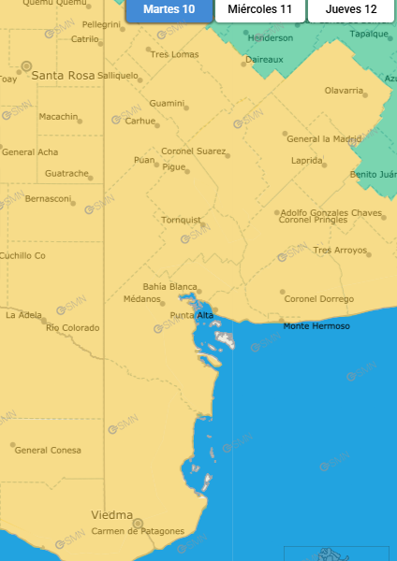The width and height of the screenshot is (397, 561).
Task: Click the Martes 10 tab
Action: pos(169,9)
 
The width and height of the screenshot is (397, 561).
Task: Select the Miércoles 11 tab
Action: pos(259,9)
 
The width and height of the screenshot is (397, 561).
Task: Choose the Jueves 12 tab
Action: pos(351,9)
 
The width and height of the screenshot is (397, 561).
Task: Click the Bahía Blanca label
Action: pos(169,286)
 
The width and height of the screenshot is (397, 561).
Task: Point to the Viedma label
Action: pos(111,515)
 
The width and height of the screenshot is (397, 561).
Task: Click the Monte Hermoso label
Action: pos(316,325)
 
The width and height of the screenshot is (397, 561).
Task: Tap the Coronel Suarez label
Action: pos(194,151)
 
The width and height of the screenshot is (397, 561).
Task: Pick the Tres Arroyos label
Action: pos(340,250)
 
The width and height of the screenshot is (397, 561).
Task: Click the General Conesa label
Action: pos(48,451)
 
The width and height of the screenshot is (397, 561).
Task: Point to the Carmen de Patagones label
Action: pos(138,531)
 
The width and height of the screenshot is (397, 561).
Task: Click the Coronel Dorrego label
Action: pos(319,299)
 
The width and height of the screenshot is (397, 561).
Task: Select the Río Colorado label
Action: pos(72,327)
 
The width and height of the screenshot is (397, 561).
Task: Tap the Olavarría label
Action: pos(344,91)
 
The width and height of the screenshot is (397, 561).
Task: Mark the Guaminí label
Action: pos(167,103)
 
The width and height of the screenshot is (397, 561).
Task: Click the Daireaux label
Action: pos(264,59)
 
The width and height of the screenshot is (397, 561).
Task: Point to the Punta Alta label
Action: pos(191,315)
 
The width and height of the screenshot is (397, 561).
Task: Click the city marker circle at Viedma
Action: pos(138,523)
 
